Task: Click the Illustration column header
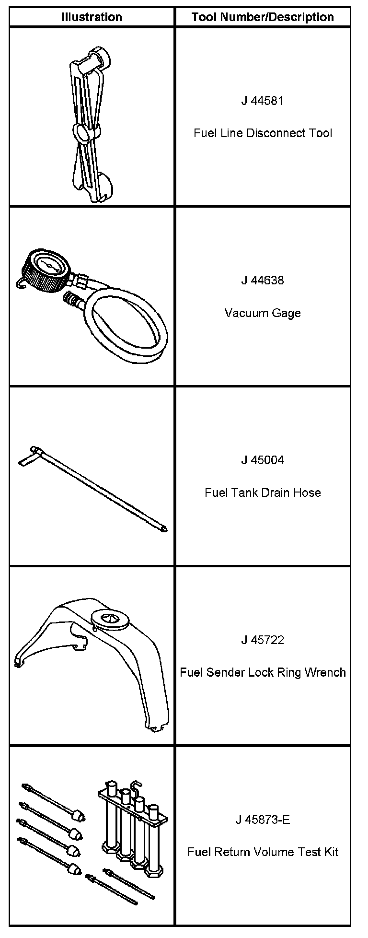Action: tap(92, 17)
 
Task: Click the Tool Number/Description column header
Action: tap(263, 17)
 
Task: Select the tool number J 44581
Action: tap(263, 101)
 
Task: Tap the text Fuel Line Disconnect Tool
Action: tap(263, 133)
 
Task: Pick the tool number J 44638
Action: tap(263, 280)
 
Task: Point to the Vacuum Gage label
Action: tap(263, 313)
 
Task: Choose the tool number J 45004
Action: tap(263, 460)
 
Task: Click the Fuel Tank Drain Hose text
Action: tap(263, 492)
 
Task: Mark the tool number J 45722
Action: tap(263, 640)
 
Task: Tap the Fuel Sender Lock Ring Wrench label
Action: tap(263, 672)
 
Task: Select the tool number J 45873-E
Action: tap(263, 820)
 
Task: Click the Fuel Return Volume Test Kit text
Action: tap(263, 852)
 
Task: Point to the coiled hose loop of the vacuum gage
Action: tap(127, 326)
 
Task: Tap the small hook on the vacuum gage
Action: tap(20, 286)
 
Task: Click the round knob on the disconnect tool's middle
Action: tap(82, 132)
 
